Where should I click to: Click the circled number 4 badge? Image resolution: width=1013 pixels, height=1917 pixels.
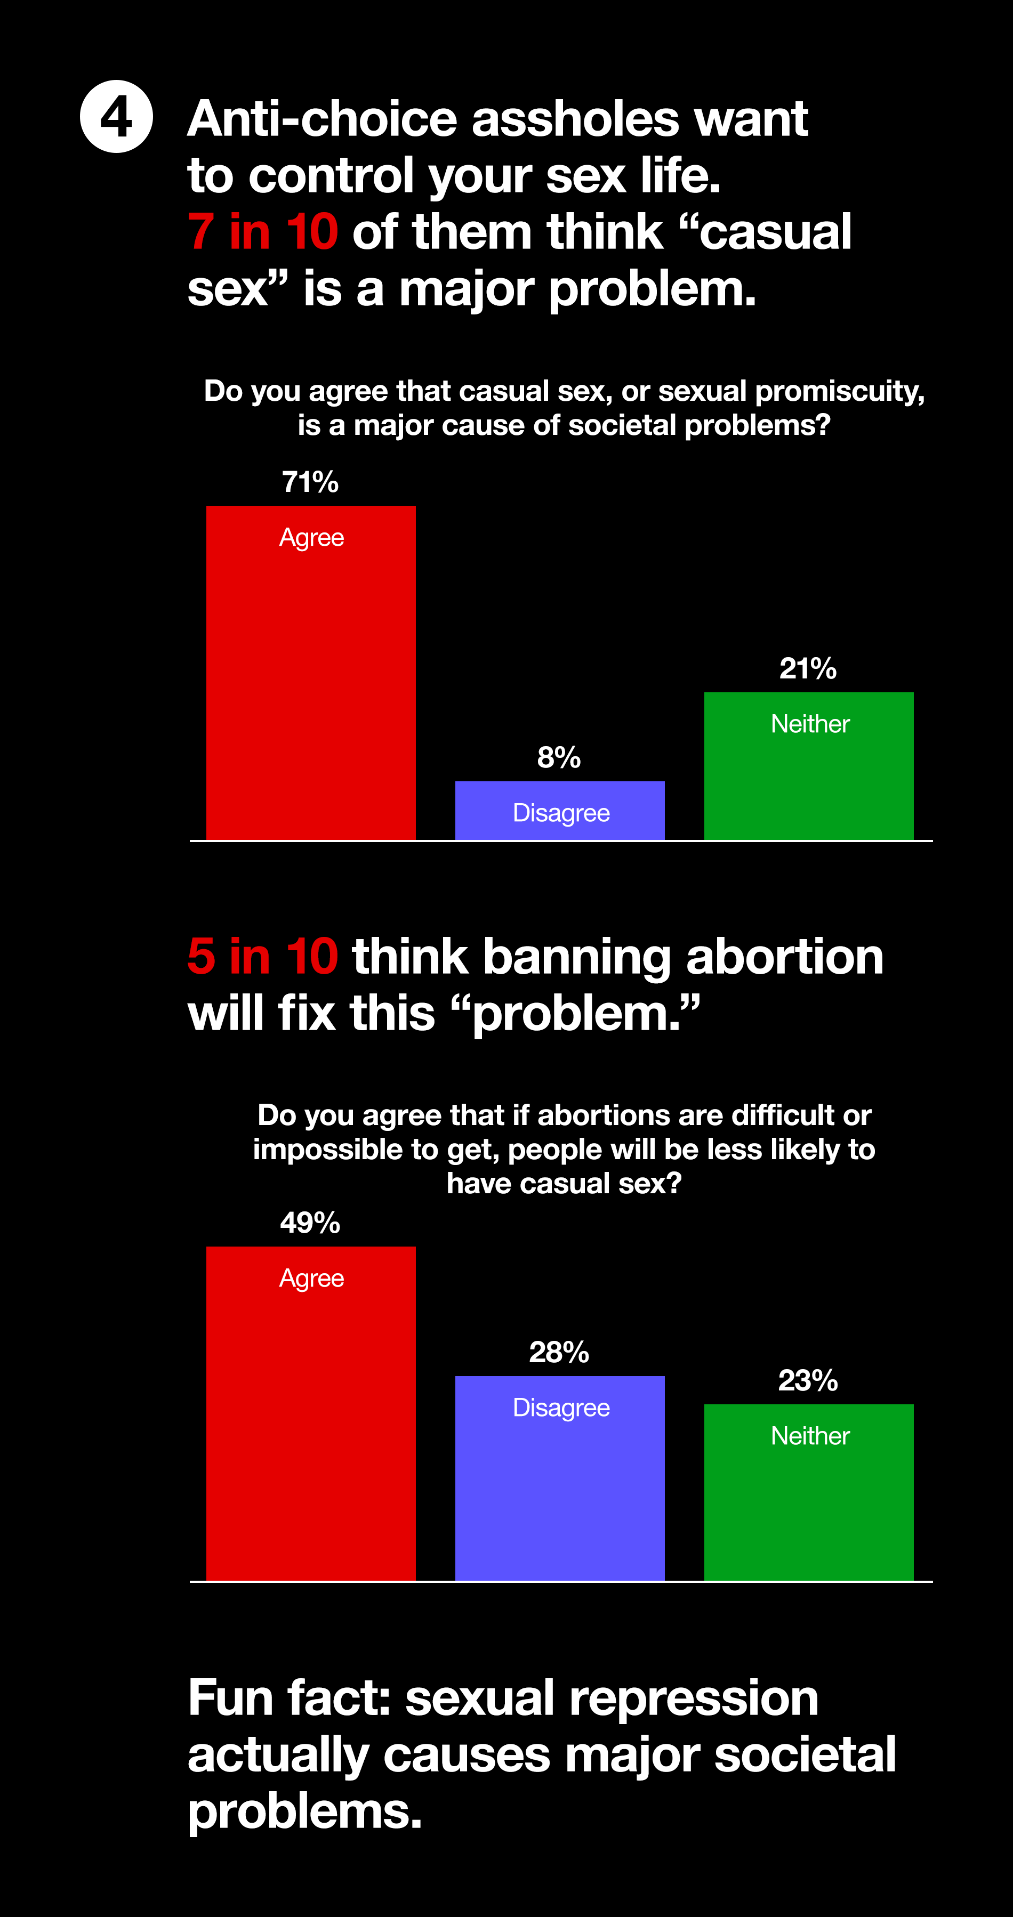(116, 117)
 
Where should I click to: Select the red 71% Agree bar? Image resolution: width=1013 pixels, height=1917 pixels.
(311, 673)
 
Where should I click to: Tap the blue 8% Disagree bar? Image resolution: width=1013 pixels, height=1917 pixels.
(560, 811)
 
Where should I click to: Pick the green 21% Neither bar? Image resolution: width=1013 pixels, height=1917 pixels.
(809, 766)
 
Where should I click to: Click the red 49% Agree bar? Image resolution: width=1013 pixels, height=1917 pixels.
(311, 1413)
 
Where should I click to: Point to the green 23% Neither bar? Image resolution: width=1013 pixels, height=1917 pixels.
(809, 1492)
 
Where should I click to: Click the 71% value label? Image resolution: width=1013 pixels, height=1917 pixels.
(310, 482)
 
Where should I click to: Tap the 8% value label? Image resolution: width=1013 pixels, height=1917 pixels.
(559, 757)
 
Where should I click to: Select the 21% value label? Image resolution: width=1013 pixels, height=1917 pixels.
(808, 668)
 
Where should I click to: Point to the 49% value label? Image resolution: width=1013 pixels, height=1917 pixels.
(310, 1223)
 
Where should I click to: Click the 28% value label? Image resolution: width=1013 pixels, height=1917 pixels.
(559, 1352)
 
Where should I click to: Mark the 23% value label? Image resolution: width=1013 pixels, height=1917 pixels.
(808, 1380)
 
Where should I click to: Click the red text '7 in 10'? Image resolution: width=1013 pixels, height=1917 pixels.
(263, 231)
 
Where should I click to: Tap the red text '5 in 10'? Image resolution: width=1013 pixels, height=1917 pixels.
(263, 956)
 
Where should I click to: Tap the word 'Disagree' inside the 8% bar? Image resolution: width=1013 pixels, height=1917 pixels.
(561, 813)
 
